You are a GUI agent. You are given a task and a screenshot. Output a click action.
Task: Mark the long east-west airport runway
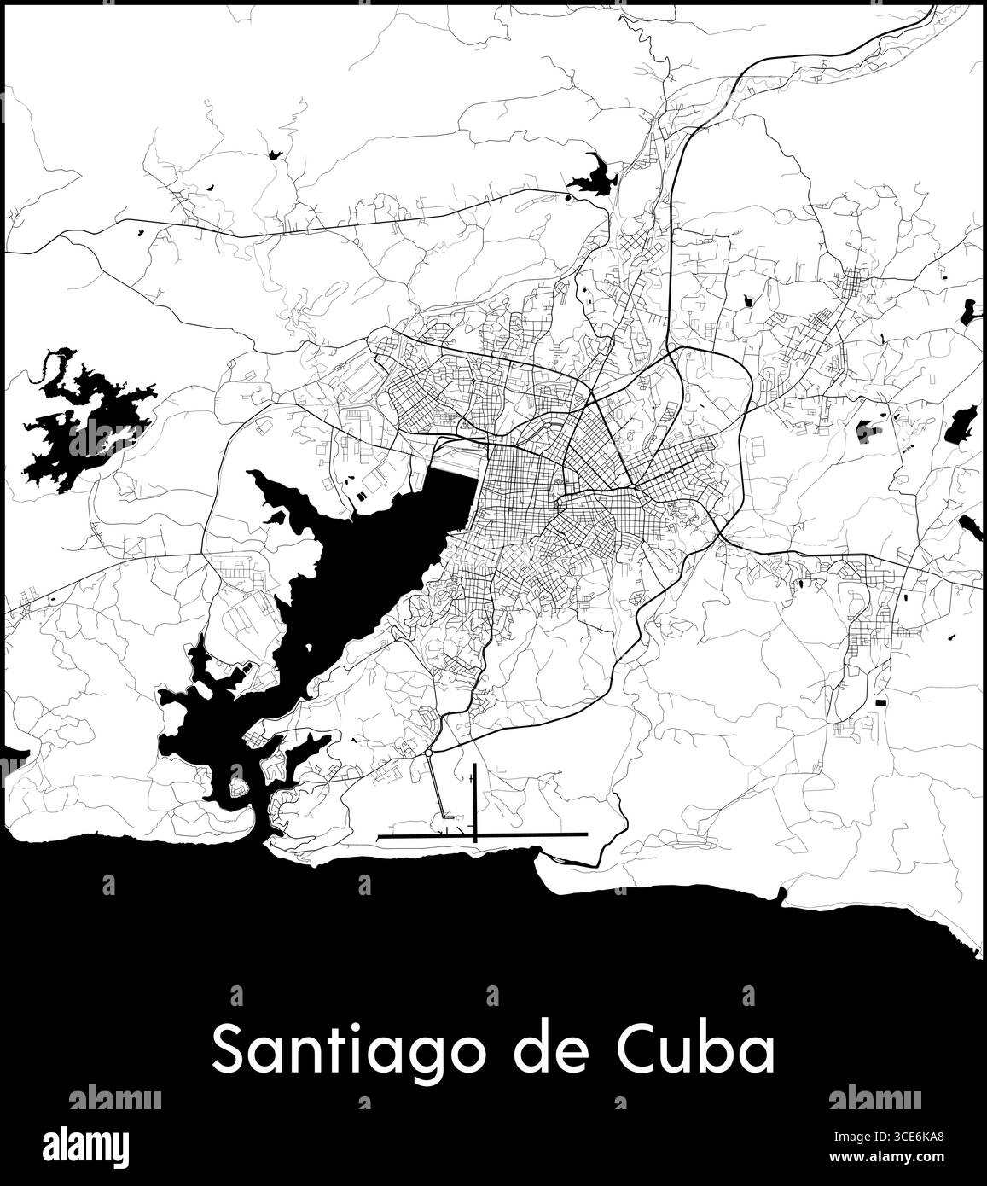coord(483,834)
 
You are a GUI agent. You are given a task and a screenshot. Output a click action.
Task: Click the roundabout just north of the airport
coord(427,753)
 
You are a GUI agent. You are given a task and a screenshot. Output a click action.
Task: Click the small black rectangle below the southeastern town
coord(881,701)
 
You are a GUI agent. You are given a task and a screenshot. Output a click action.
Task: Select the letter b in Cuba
coord(727,1049)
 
